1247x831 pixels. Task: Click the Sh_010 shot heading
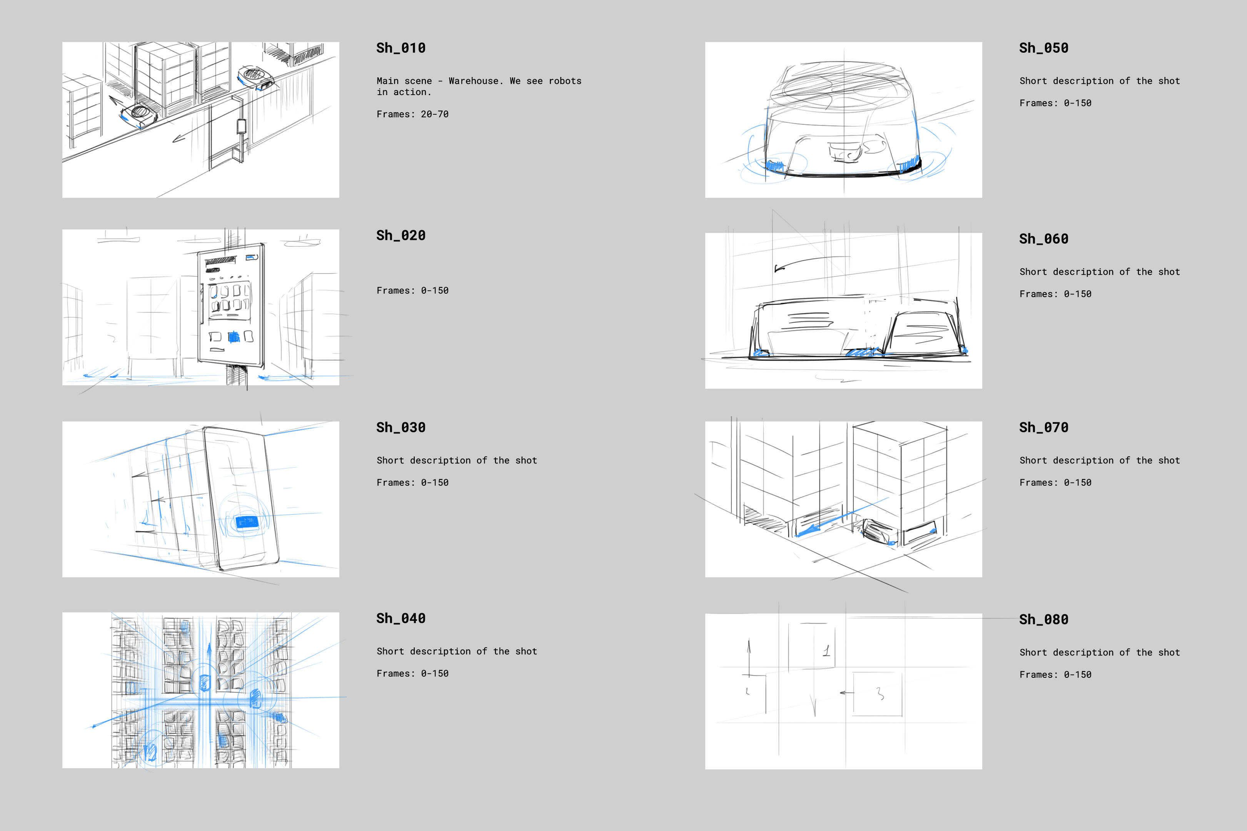401,48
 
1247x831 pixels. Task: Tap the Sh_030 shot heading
401,428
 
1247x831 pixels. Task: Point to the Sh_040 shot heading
401,619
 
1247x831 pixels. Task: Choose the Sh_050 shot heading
1043,48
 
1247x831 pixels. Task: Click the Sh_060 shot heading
1043,239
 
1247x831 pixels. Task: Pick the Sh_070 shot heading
1043,428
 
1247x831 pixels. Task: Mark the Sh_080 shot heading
1043,620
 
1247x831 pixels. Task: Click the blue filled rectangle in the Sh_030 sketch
246,522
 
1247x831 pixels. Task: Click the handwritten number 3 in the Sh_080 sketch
880,693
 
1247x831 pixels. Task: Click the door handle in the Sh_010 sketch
242,126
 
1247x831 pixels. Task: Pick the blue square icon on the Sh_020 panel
234,336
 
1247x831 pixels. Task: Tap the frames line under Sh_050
1055,103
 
